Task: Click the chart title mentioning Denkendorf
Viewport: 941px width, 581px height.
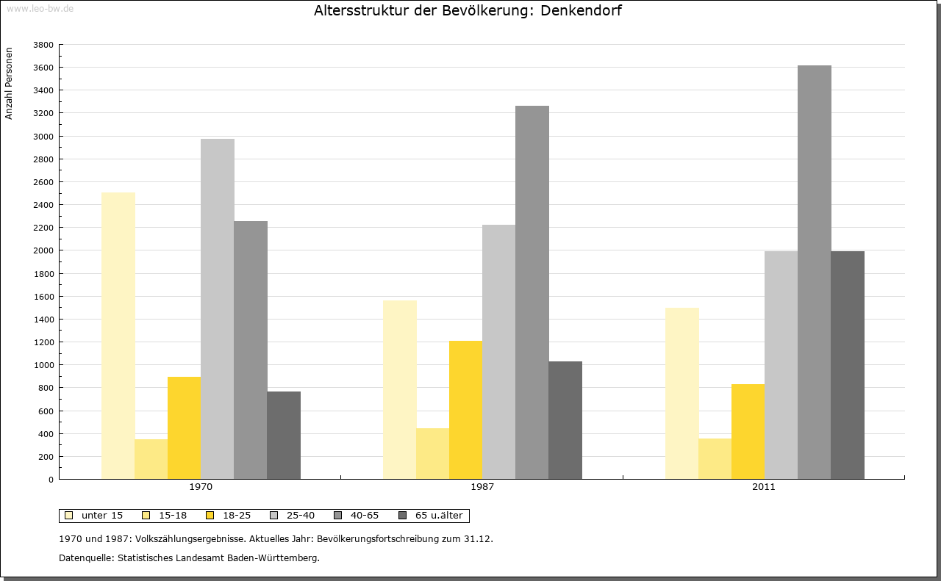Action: point(468,11)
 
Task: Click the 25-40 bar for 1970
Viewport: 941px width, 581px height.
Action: point(218,308)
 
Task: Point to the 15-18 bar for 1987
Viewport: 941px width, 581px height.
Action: point(432,453)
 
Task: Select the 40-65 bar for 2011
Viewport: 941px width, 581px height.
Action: point(815,272)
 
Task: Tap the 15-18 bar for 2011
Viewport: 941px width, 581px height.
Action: point(715,458)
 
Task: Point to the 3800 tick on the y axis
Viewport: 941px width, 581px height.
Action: point(44,45)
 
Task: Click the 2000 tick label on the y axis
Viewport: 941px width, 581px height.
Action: point(44,250)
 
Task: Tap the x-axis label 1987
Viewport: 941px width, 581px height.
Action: point(482,487)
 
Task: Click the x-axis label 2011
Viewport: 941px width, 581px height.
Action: point(763,487)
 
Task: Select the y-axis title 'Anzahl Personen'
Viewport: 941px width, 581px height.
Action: point(10,83)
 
